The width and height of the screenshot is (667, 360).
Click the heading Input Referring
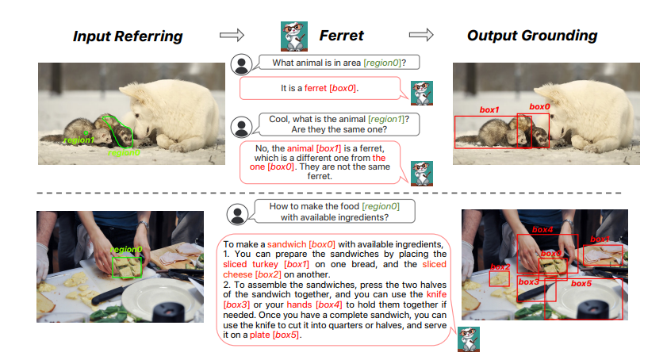(128, 36)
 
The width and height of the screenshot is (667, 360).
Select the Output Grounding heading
(532, 36)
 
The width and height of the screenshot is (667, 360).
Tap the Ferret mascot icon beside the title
(294, 36)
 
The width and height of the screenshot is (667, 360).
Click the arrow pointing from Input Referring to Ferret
(232, 35)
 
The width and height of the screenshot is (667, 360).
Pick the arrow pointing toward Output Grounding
(421, 34)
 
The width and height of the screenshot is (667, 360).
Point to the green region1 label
(79, 140)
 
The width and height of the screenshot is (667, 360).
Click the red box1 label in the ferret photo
(489, 109)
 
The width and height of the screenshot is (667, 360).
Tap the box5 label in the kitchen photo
(581, 283)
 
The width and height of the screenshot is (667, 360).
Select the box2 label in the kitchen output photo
(500, 266)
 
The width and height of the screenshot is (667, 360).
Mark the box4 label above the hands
(542, 229)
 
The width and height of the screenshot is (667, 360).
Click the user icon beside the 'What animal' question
(241, 65)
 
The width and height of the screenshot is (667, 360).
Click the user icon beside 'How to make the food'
(237, 213)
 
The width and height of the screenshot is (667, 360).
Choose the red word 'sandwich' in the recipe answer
(287, 244)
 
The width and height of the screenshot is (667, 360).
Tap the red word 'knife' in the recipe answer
(436, 294)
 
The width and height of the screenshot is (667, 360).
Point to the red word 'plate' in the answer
(260, 335)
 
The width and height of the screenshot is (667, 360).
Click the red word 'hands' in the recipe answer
(300, 304)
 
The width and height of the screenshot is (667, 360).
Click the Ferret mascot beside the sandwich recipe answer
(469, 339)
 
